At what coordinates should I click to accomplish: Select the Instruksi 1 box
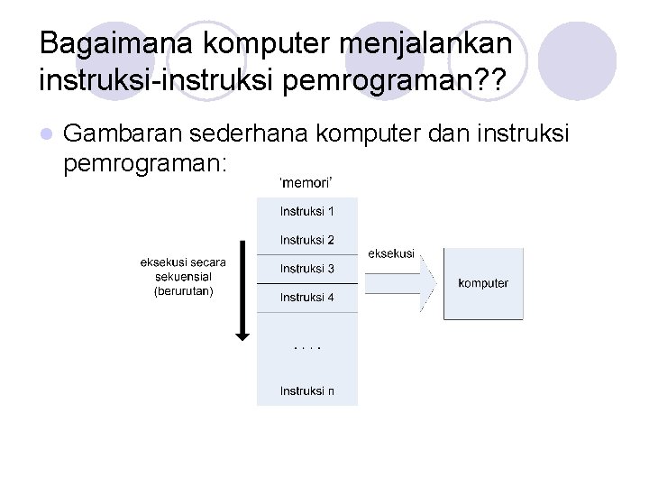(306, 212)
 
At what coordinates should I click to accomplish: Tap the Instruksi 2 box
(306, 240)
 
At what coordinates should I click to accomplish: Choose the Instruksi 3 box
(306, 269)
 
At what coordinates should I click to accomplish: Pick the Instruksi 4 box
(306, 298)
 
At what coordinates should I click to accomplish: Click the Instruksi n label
(306, 391)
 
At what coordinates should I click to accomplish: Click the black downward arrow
(242, 289)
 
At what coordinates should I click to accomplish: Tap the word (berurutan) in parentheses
(184, 291)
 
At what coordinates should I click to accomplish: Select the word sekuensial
(183, 277)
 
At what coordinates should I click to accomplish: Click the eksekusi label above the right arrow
(391, 253)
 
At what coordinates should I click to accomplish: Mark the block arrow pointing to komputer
(401, 282)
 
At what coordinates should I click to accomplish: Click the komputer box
(483, 283)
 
